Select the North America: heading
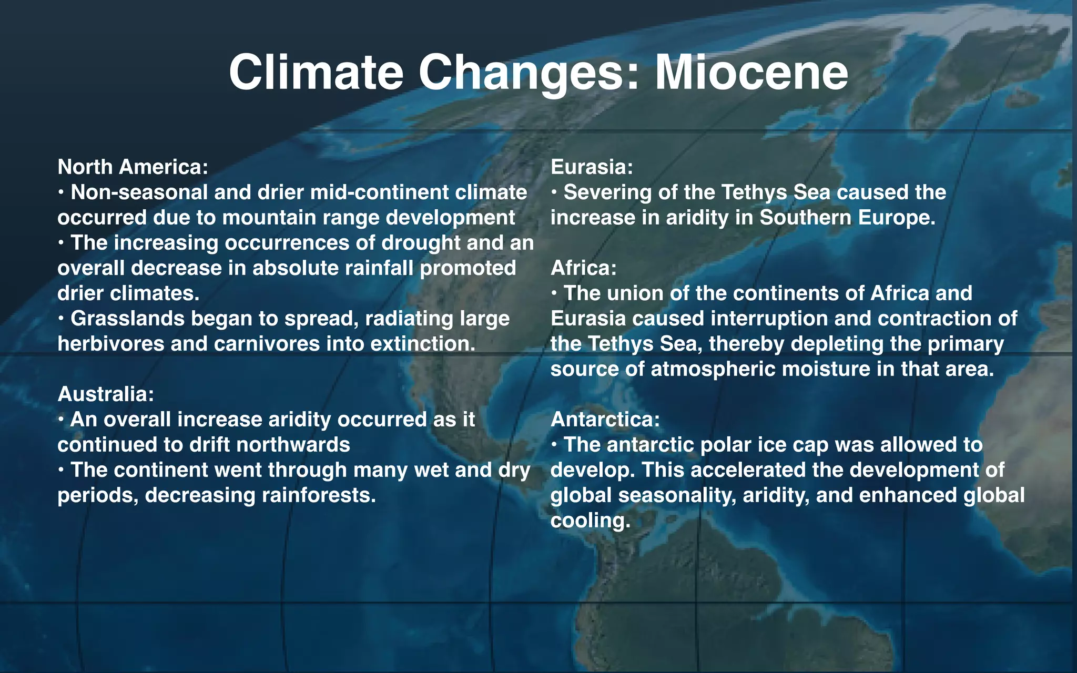click(133, 167)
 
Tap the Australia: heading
click(106, 394)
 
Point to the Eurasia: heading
click(592, 167)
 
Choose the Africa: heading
click(583, 268)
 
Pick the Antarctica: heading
click(605, 419)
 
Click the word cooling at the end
click(590, 520)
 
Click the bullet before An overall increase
click(62, 419)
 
